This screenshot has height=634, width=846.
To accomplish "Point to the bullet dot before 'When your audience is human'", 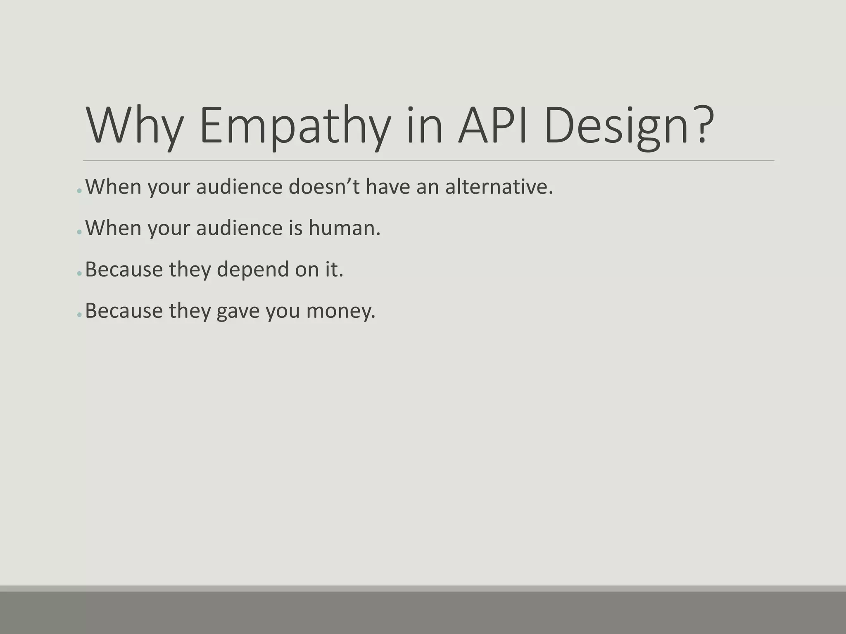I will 79,232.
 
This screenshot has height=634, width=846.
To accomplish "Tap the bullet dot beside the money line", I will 79,315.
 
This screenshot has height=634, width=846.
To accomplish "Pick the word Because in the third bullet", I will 124,269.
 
